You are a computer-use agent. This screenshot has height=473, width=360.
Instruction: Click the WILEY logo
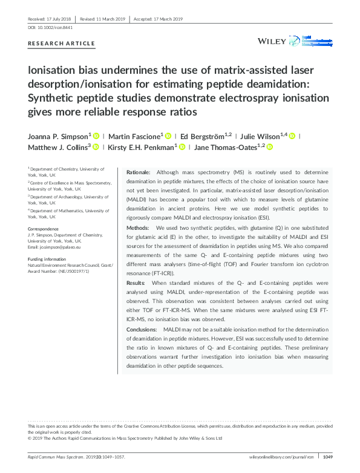[x=271, y=41]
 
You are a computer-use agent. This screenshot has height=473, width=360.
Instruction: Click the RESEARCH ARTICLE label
[x=62, y=44]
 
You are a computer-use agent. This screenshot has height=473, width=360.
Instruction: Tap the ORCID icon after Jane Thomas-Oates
[x=270, y=147]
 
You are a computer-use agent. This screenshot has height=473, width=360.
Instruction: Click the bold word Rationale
[x=138, y=173]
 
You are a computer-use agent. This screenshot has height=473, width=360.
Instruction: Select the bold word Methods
[x=137, y=227]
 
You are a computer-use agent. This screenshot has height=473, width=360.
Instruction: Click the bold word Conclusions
[x=141, y=329]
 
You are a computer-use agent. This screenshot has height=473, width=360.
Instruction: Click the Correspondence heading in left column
[x=43, y=229]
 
